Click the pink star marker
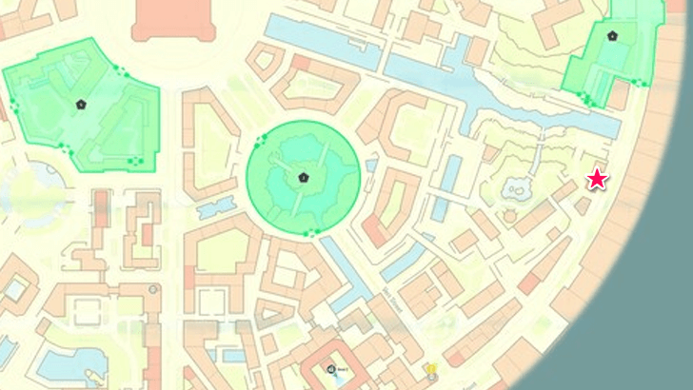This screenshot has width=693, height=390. click(x=597, y=179)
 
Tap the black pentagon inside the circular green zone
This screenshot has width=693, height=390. click(x=303, y=177)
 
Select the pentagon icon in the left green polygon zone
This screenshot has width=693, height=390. click(x=81, y=104)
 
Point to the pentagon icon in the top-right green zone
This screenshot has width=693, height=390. click(x=612, y=36)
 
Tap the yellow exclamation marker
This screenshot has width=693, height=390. click(x=431, y=368)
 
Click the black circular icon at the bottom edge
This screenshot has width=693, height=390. click(x=330, y=369)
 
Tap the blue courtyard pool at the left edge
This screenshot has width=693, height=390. click(x=13, y=285)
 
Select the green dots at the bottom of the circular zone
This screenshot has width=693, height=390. click(x=308, y=233)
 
